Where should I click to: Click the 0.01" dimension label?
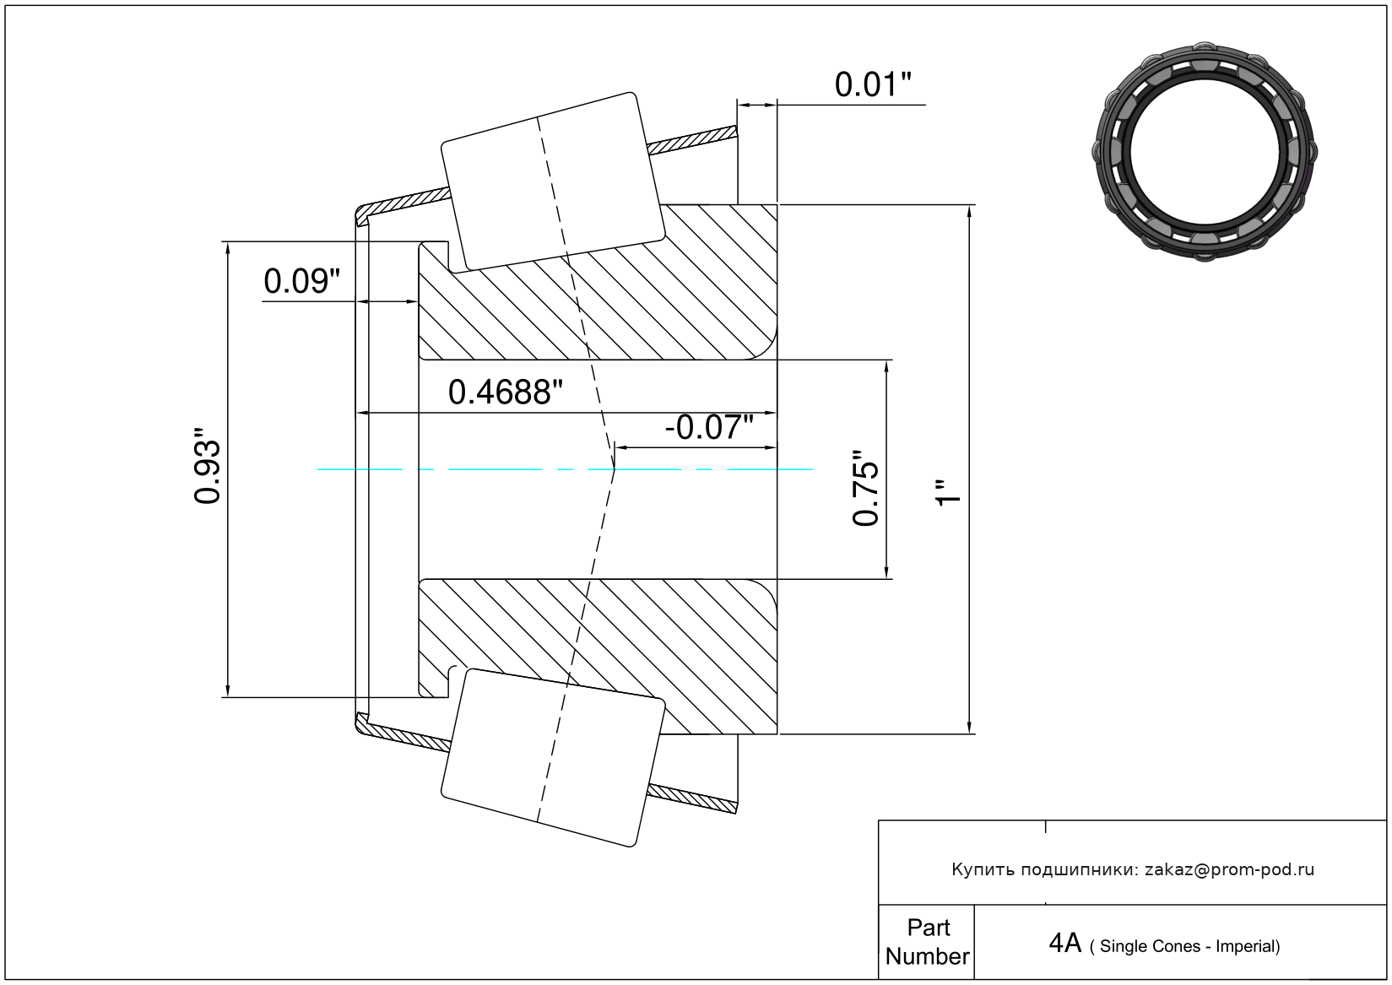pos(873,84)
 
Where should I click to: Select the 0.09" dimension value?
pos(302,281)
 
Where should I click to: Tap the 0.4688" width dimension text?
pos(505,392)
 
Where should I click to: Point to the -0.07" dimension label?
pos(709,427)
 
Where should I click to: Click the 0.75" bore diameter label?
pos(865,487)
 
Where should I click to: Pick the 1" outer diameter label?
pos(949,492)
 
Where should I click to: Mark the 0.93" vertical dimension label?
pos(207,465)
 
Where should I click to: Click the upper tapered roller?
pos(553,181)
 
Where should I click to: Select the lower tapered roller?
pos(553,758)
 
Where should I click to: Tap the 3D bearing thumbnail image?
pos(1205,152)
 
